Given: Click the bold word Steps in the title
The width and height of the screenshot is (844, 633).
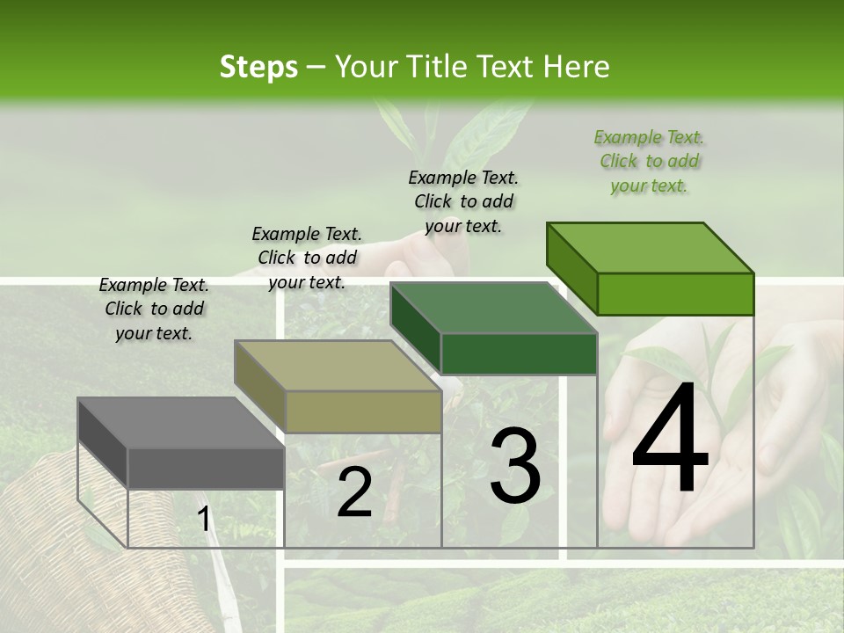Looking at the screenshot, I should (258, 67).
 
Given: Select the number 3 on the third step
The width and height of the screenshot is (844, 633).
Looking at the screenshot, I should (515, 465).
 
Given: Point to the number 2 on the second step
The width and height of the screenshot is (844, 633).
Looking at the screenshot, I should (354, 493).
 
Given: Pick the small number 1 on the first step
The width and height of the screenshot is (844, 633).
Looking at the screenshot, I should (204, 520).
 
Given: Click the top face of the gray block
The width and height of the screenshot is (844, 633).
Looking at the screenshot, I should (180, 423).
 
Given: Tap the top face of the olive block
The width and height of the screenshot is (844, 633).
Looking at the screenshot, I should (337, 366).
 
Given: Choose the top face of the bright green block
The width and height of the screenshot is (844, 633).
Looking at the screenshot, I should (650, 248).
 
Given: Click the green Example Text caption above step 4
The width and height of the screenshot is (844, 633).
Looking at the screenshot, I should (649, 161).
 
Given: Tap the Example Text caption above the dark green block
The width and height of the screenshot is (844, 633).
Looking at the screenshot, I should (463, 201).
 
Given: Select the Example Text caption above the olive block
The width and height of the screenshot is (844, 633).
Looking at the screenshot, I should (307, 258).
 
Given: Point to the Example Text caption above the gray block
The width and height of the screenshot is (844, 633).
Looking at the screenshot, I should (154, 309).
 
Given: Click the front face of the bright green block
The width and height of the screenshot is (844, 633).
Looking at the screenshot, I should (675, 294).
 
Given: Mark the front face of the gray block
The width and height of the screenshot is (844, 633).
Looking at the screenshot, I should (206, 468).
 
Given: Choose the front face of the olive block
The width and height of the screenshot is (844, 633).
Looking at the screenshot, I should (362, 411).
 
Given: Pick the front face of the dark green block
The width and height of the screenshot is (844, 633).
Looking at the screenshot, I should (519, 353).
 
